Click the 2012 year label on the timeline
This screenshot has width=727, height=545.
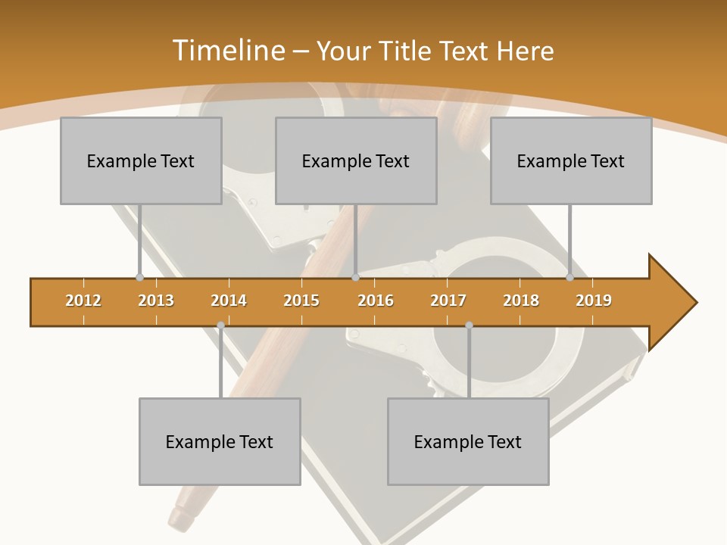(83, 301)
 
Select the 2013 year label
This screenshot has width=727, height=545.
(156, 301)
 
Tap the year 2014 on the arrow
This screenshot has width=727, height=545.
(229, 301)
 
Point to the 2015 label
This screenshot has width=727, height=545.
(301, 301)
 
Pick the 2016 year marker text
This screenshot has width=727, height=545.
(376, 301)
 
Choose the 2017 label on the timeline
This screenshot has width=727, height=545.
(448, 301)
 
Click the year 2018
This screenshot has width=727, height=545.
(521, 301)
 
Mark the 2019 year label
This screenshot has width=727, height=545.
(594, 301)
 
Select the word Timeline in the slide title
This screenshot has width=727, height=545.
(227, 51)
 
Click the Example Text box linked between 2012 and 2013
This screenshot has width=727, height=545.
(141, 160)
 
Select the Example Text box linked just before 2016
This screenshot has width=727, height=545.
(356, 160)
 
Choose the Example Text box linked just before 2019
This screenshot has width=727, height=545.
(571, 160)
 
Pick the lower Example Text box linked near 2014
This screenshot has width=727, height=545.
(220, 441)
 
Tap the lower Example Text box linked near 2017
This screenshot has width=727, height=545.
(468, 441)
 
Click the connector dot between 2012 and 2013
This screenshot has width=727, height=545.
(139, 278)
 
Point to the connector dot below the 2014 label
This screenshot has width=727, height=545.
(220, 325)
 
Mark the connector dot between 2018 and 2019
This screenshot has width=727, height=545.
(570, 278)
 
